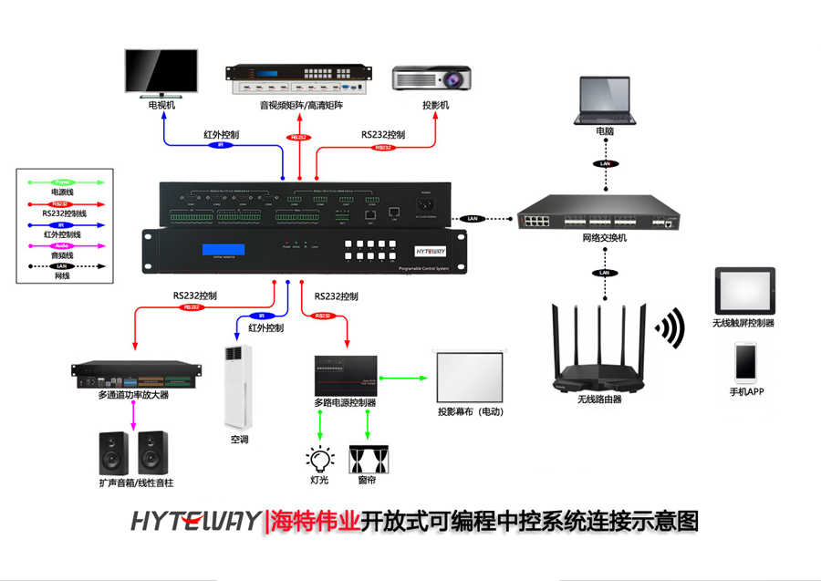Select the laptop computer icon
[x=604, y=99]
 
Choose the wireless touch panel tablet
[x=744, y=291]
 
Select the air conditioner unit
[x=239, y=388]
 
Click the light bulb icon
[x=318, y=459]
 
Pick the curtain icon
[x=368, y=459]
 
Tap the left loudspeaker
[x=115, y=452]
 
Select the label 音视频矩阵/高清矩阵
[x=300, y=106]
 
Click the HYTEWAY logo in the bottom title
[x=195, y=522]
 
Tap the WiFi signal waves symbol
[x=671, y=328]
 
